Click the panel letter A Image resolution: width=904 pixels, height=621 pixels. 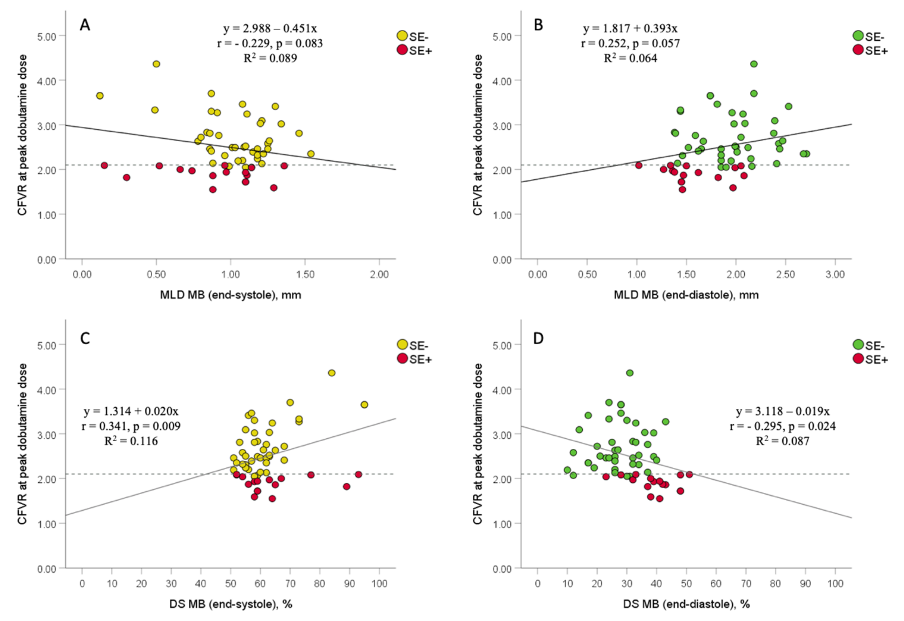85,25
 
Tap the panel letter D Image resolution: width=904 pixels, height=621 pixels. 538,338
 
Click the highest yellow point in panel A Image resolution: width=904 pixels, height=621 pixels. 156,64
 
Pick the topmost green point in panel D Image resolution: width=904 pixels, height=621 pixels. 630,373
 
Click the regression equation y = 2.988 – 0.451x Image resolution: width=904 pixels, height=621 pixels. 270,28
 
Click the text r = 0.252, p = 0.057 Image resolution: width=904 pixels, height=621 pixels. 631,43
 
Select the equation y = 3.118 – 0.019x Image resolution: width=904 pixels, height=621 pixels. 783,411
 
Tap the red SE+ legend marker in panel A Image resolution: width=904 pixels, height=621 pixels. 402,50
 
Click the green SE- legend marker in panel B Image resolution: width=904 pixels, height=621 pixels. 858,36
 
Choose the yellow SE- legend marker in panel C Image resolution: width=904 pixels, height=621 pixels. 402,344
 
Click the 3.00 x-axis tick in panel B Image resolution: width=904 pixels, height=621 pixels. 835,274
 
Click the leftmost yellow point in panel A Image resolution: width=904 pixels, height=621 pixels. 100,96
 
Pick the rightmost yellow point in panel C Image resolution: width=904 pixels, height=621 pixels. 365,405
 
